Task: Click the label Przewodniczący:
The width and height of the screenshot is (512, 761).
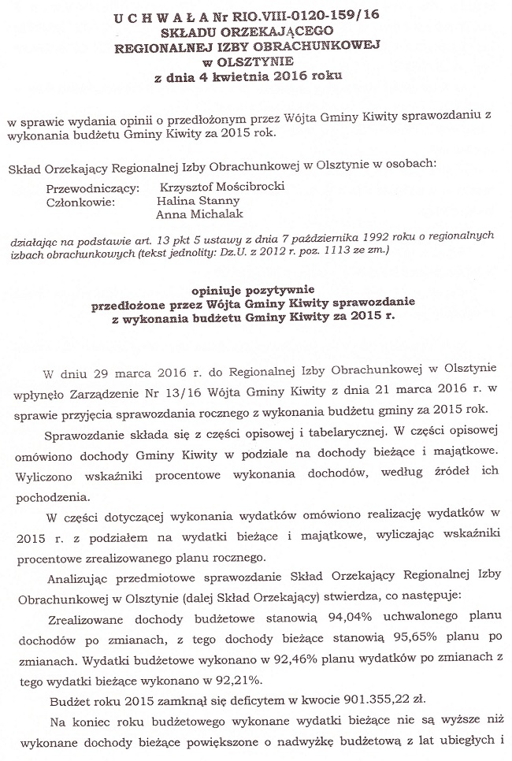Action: click(93, 189)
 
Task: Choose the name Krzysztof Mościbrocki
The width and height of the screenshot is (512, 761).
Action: click(221, 189)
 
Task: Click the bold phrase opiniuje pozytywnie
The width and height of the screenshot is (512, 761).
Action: click(257, 291)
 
